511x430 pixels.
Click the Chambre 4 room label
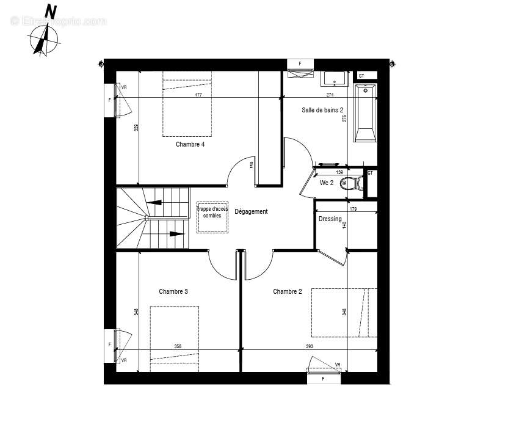190,145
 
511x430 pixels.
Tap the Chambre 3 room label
173,291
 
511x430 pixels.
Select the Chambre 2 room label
287,291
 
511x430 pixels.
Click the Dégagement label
251,212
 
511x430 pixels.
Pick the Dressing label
330,219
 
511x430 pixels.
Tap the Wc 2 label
327,183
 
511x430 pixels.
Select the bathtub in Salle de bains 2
365,114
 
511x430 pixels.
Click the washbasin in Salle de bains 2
335,79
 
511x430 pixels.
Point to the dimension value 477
198,95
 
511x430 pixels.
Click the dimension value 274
330,95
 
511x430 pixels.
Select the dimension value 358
178,347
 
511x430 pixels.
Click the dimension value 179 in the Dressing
353,210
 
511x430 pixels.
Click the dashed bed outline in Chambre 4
187,104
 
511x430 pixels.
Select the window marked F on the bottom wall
323,379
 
